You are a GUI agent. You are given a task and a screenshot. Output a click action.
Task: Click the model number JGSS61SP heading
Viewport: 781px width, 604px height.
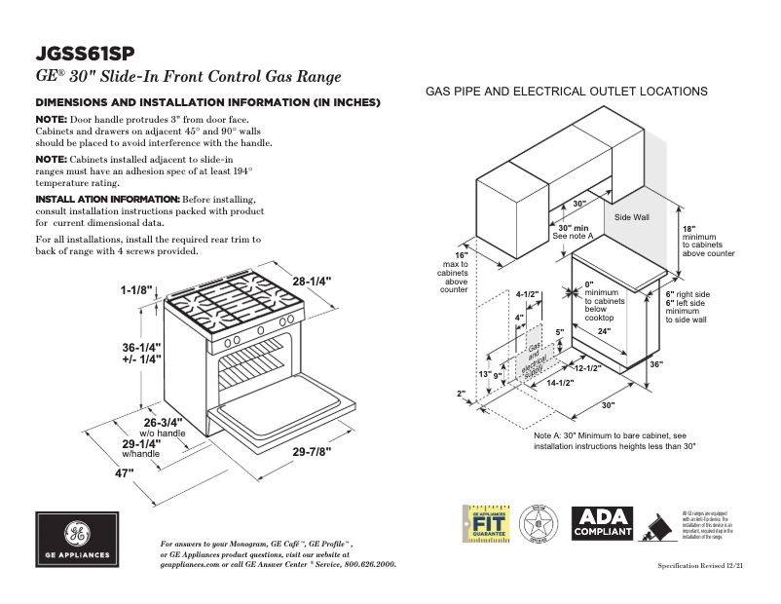(x=85, y=54)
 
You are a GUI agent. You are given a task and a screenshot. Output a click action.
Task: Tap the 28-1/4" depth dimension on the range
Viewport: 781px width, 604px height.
(x=311, y=281)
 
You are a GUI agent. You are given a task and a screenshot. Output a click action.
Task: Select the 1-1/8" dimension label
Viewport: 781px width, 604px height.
(x=138, y=289)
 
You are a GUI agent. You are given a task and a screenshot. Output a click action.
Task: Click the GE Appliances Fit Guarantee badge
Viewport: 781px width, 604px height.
(x=484, y=523)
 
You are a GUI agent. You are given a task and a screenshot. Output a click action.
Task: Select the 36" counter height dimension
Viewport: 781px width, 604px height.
(x=683, y=363)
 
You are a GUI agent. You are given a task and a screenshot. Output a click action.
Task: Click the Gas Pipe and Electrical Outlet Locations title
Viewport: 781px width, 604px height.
(x=566, y=92)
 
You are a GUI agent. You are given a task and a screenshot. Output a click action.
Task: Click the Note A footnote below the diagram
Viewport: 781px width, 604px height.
(x=615, y=440)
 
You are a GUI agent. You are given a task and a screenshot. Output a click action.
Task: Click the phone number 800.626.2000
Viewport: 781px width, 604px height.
(x=358, y=564)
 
